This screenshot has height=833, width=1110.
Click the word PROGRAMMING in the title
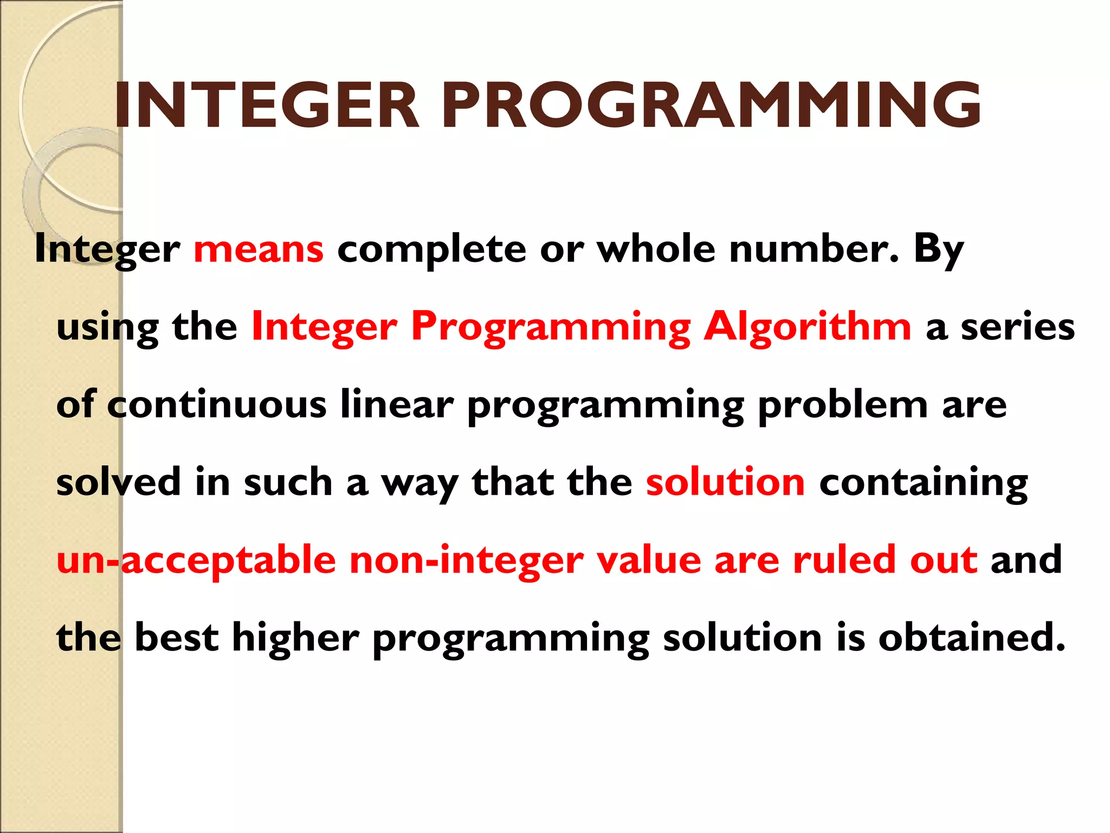[x=711, y=105]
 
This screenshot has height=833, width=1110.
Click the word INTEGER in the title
[x=267, y=105]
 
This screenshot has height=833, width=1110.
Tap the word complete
[x=431, y=251]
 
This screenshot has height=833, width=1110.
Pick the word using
[x=107, y=329]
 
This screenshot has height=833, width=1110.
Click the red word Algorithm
[x=808, y=328]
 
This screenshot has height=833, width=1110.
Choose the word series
[x=1018, y=328]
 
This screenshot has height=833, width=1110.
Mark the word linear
[x=397, y=405]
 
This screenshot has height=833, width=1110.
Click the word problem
[x=843, y=405]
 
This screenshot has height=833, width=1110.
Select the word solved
[x=118, y=482]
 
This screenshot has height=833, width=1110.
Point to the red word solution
[x=725, y=482]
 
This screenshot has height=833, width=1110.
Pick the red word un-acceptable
[x=196, y=561]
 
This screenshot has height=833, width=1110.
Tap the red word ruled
[x=844, y=560]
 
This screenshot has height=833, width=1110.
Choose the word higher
[x=295, y=638]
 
